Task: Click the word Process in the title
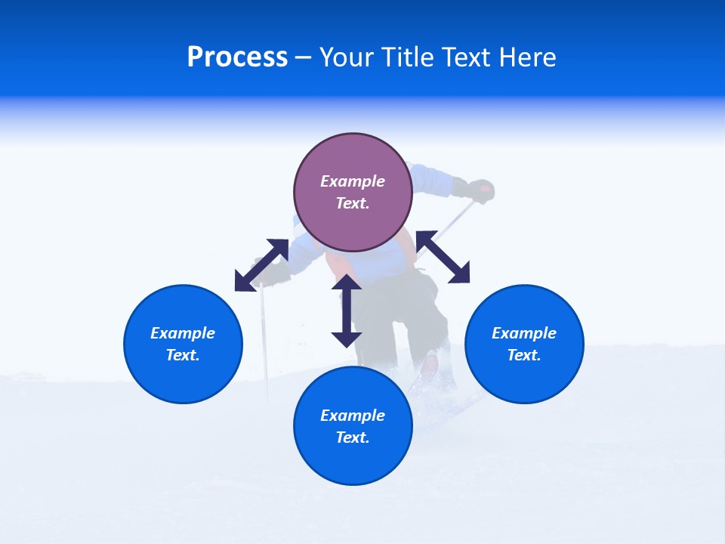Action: (x=237, y=57)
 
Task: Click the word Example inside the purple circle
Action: (x=353, y=181)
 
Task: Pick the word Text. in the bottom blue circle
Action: (x=353, y=437)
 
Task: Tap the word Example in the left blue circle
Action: (x=183, y=333)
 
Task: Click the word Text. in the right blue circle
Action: (x=524, y=355)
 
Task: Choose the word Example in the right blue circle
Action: (x=524, y=333)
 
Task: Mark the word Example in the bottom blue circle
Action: (x=353, y=416)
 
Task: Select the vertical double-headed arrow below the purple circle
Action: (x=347, y=311)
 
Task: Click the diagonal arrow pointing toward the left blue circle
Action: (x=261, y=265)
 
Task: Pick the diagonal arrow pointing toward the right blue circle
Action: (x=443, y=258)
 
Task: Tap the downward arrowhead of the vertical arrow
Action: (x=347, y=338)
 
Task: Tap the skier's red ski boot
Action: (x=429, y=366)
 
